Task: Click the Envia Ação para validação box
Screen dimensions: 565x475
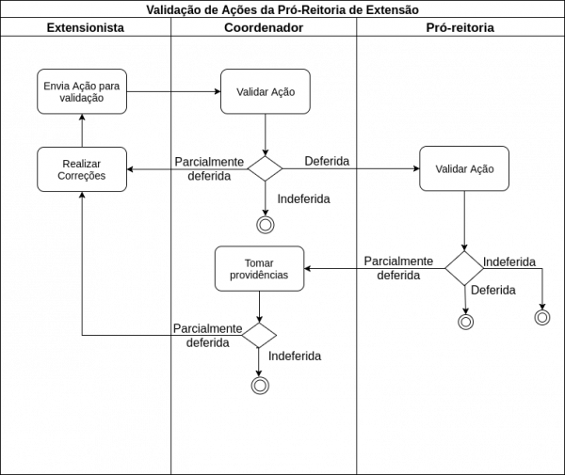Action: point(82,92)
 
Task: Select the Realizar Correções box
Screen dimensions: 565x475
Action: point(82,169)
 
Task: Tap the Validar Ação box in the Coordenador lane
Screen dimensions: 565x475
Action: point(266,92)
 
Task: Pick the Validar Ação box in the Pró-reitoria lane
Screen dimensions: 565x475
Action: point(464,168)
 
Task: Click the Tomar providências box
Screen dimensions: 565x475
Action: point(260,268)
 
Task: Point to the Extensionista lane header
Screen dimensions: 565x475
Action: point(86,27)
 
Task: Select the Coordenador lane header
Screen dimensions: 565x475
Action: point(264,27)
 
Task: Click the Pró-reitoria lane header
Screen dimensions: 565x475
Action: point(460,27)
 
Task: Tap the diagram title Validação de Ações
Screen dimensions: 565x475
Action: point(282,9)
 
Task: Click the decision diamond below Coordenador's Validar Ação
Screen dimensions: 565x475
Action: point(266,168)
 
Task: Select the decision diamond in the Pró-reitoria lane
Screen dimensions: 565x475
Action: point(464,268)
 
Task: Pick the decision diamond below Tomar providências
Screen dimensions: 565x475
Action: point(259,336)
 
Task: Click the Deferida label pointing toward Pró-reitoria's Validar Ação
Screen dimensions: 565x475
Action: point(327,161)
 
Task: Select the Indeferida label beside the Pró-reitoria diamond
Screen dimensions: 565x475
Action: point(509,262)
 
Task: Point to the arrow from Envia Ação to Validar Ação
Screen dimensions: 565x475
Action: point(173,92)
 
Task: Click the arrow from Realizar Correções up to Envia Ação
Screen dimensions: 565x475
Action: point(82,131)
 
